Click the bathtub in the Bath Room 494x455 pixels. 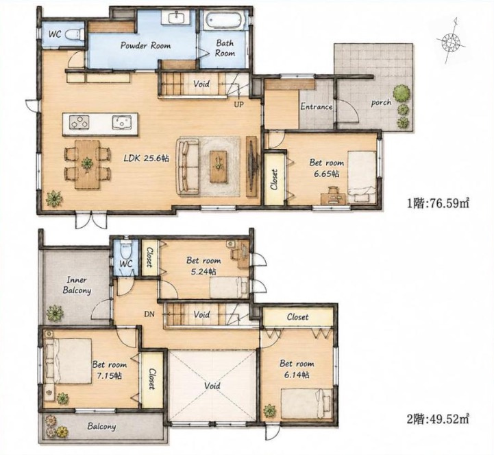pyautogui.click(x=225, y=21)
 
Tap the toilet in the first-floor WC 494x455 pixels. pyautogui.click(x=75, y=34)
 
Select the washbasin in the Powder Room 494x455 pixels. pyautogui.click(x=177, y=17)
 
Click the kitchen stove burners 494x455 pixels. pyautogui.click(x=79, y=122)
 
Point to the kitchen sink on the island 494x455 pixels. pyautogui.click(x=122, y=122)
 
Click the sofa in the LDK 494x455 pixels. pyautogui.click(x=188, y=166)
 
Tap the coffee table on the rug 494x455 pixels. pyautogui.click(x=218, y=166)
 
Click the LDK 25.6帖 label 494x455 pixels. pyautogui.click(x=146, y=158)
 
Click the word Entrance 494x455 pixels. pyautogui.click(x=317, y=106)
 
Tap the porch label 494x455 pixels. pyautogui.click(x=381, y=102)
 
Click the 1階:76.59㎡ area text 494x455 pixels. pyautogui.click(x=439, y=203)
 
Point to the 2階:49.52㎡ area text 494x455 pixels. pyautogui.click(x=439, y=419)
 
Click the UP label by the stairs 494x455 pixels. pyautogui.click(x=239, y=104)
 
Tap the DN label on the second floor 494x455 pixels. pyautogui.click(x=149, y=314)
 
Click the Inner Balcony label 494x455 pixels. pyautogui.click(x=77, y=285)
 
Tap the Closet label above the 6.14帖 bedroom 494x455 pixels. pyautogui.click(x=298, y=316)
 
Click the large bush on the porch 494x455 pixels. pyautogui.click(x=402, y=93)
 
